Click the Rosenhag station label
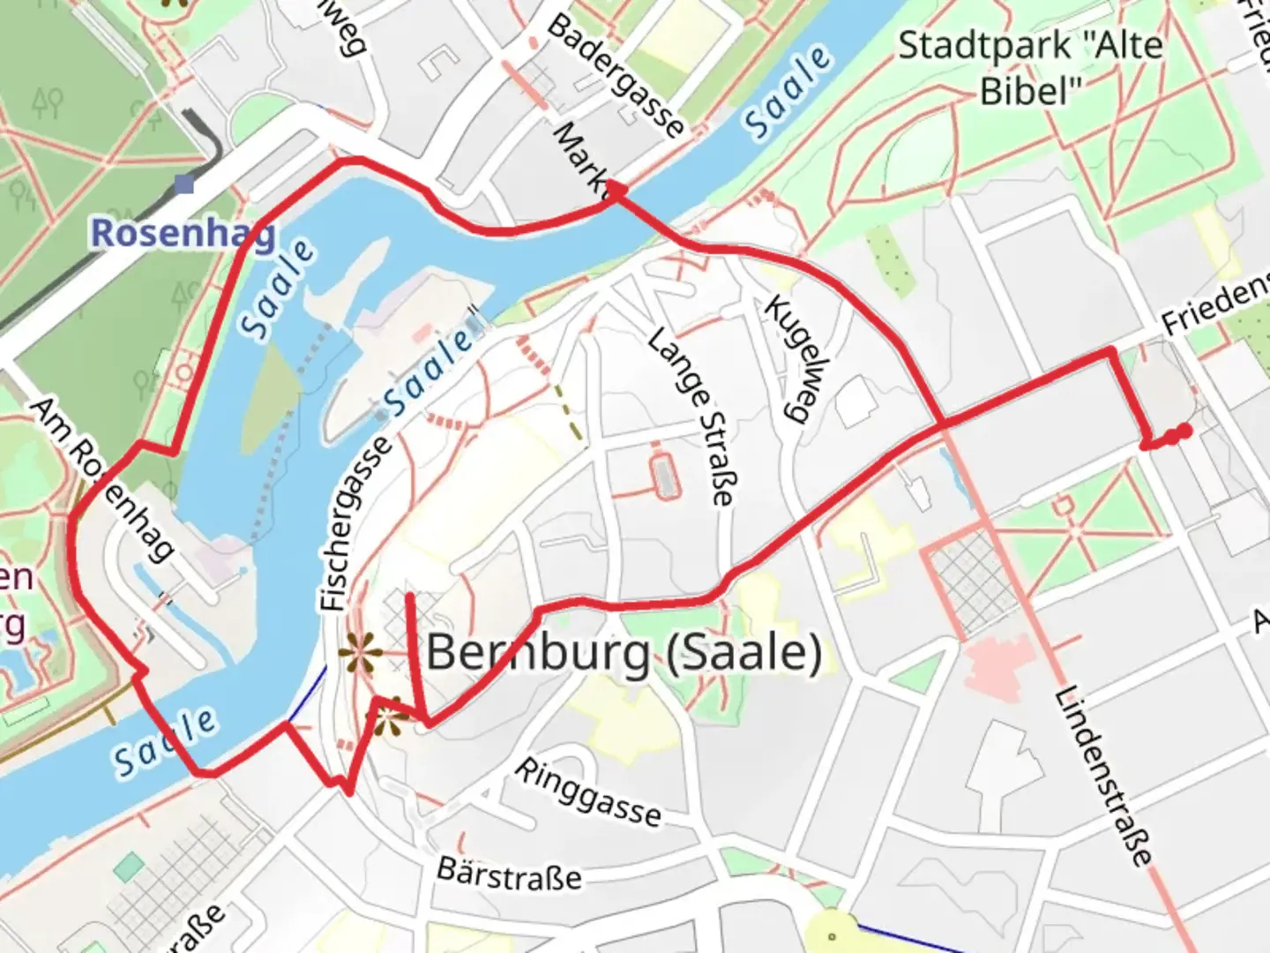coord(183,234)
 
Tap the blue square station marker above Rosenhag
coord(184,184)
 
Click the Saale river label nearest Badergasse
coord(787,93)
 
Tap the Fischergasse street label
coord(356,524)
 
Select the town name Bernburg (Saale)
coord(624,654)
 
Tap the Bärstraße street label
coord(510,874)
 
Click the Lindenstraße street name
coord(1103,776)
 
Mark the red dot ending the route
coord(1184,431)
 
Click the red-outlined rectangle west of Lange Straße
coord(665,476)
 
